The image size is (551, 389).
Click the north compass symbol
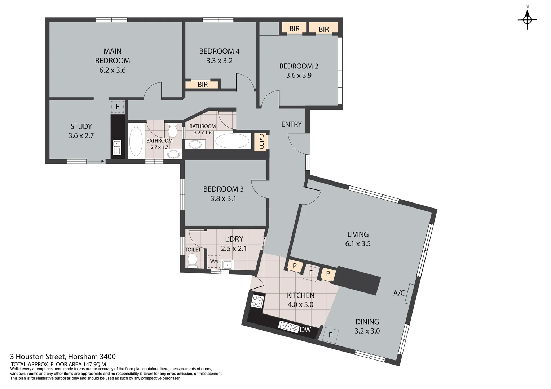tap(527, 19)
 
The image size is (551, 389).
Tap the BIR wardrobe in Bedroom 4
tap(202, 85)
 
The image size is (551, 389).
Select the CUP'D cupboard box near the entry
tap(262, 142)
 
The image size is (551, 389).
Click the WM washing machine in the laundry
tap(214, 261)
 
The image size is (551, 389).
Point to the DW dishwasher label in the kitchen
tap(305, 330)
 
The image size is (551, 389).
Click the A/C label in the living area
tap(399, 293)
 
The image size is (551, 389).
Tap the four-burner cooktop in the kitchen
tap(257, 301)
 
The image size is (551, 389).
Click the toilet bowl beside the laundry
tap(193, 260)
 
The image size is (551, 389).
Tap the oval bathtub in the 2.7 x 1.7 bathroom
tap(136, 141)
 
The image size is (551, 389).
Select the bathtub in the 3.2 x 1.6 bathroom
tap(232, 141)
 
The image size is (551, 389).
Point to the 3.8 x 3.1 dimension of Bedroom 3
tap(223, 198)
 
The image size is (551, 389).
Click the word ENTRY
tap(291, 124)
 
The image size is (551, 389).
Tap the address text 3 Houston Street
tap(63, 357)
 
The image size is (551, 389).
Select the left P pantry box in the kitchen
tap(295, 266)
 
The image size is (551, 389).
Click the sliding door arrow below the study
tap(96, 161)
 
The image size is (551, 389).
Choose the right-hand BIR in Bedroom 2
tap(324, 29)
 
